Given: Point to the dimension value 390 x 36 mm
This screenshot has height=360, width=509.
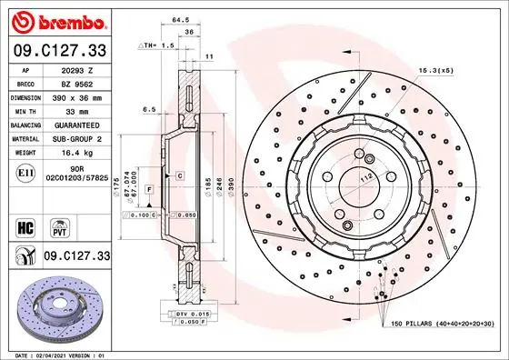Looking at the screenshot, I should click(75, 95).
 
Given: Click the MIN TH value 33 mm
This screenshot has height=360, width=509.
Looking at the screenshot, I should click(75, 109).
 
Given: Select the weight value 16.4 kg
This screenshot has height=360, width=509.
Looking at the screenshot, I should click(75, 153).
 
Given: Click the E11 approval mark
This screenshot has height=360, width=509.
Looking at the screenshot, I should click(26, 173).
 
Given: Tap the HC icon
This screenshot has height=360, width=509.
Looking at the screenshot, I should click(26, 225).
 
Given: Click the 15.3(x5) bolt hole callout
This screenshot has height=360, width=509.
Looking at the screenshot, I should click(435, 70).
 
